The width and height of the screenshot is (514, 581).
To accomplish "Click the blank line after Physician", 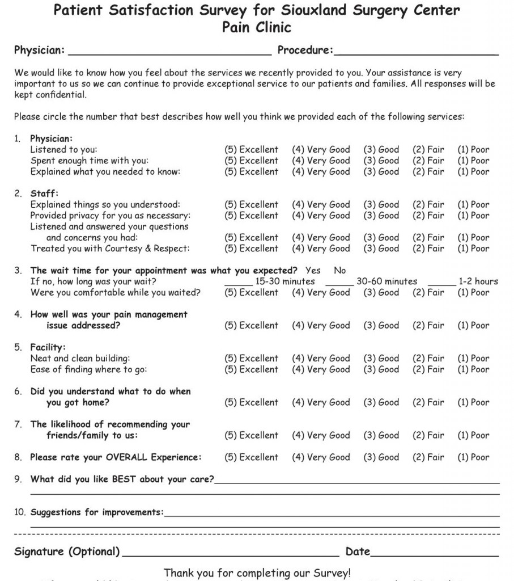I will click(x=170, y=52).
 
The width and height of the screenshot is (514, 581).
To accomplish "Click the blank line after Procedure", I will click(x=416, y=52).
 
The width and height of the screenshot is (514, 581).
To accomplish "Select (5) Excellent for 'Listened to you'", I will click(x=251, y=150).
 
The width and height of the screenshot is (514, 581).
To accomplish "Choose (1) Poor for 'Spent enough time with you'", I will click(x=473, y=161).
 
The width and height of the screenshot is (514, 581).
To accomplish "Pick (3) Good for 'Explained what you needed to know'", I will click(x=381, y=171).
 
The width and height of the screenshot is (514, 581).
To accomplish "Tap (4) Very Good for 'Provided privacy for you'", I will click(x=321, y=216).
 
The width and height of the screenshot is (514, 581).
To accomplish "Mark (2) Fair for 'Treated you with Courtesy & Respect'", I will click(x=428, y=249).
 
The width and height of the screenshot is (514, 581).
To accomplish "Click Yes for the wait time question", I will click(x=313, y=271).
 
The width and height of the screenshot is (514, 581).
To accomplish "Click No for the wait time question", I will click(x=339, y=271).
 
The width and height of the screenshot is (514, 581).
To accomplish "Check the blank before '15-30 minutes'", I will click(x=239, y=281).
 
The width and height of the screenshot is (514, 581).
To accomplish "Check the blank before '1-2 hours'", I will click(x=441, y=281).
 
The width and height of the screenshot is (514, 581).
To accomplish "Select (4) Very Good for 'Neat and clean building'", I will click(x=321, y=359).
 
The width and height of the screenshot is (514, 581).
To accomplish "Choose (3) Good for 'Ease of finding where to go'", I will click(x=381, y=369).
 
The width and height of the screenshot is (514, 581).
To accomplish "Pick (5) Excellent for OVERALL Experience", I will click(x=251, y=457).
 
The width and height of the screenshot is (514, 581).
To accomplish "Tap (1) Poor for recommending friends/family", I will click(x=473, y=435).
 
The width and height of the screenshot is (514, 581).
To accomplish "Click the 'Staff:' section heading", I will click(x=44, y=193).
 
